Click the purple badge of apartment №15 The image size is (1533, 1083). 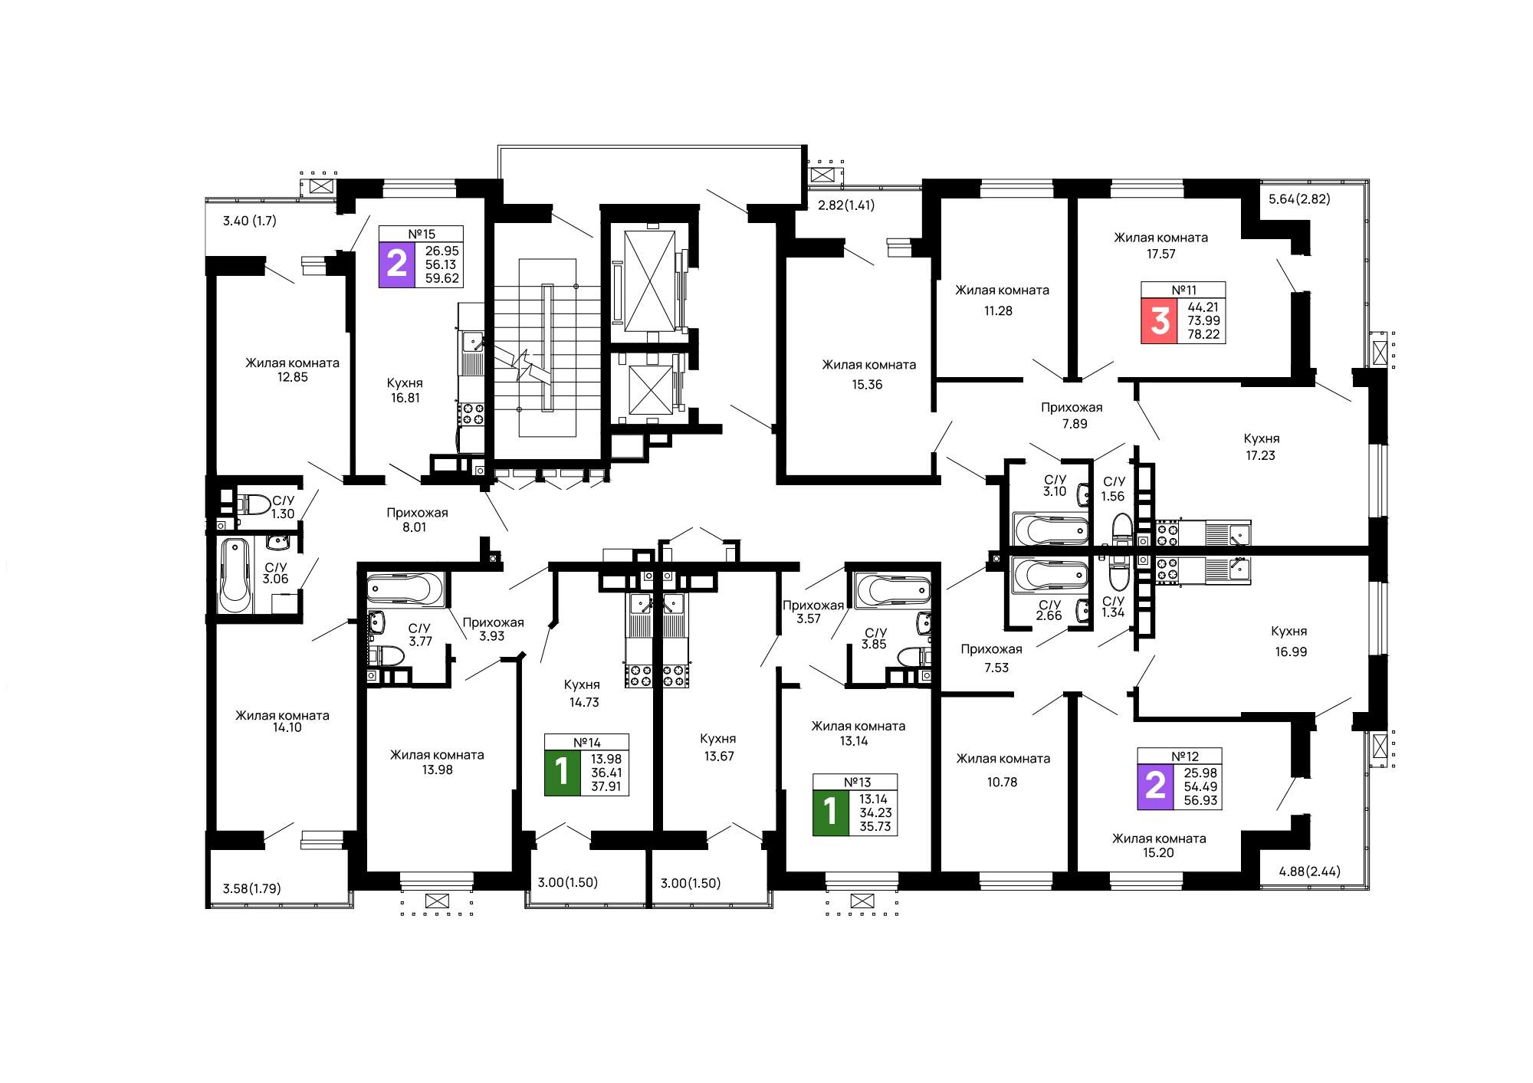396,264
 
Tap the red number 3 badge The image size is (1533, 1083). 1159,320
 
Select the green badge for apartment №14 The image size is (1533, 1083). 562,773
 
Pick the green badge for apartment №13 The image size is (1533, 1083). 831,812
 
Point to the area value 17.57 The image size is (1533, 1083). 1160,254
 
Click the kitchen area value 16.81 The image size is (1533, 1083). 405,398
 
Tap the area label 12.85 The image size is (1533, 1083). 292,377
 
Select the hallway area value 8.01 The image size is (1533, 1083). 415,527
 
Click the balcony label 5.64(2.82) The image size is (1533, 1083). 1299,199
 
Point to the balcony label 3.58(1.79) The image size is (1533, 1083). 251,889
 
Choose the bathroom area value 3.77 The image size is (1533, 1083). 420,642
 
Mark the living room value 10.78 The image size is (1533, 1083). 1002,783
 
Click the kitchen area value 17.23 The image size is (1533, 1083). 1260,455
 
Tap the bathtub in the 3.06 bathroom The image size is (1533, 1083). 235,575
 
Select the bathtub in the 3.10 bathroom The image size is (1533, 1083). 1051,530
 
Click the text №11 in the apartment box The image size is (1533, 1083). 1183,290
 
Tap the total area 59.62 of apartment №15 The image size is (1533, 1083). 442,279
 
